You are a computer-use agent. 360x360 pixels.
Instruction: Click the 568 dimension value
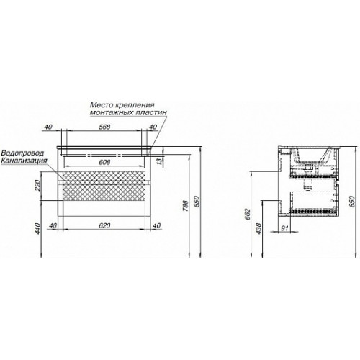[x=104, y=127]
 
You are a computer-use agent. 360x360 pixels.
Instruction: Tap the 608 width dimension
[x=104, y=162]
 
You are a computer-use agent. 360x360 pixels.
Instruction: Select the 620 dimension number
[x=104, y=225]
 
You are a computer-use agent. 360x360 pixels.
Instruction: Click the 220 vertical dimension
[x=38, y=185]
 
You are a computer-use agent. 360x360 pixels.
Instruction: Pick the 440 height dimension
[x=38, y=228]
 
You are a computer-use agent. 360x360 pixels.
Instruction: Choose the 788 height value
[x=186, y=205]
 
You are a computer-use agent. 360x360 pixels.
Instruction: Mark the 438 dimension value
[x=258, y=229]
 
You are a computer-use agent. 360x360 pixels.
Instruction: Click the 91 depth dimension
[x=284, y=228]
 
